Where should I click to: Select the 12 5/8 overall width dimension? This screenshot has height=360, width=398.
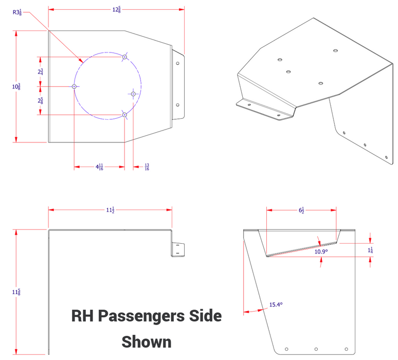click(116, 9)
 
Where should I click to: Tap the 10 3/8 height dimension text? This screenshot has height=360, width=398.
click(16, 86)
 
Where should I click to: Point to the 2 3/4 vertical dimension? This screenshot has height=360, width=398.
click(40, 72)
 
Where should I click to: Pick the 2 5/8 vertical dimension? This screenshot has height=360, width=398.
click(40, 100)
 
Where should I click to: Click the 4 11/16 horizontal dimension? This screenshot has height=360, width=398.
click(99, 167)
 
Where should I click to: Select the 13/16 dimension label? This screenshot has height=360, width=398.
click(147, 167)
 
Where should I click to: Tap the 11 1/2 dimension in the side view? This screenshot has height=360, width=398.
click(110, 210)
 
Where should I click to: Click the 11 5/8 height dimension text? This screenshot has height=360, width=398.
click(16, 292)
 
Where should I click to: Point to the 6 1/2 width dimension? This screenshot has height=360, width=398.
click(301, 210)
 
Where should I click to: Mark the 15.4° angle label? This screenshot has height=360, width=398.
click(276, 305)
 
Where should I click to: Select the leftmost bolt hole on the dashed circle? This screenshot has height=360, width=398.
click(75, 87)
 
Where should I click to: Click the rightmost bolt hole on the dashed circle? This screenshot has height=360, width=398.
click(133, 94)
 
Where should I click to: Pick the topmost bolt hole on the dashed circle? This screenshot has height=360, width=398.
click(124, 57)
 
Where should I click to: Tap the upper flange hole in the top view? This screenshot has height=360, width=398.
click(177, 64)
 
